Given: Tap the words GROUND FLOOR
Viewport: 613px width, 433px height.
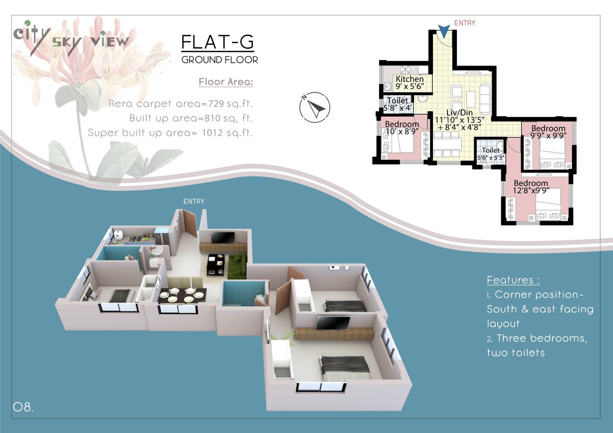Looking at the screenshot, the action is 220,60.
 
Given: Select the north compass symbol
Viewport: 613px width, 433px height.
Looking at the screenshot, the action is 315,107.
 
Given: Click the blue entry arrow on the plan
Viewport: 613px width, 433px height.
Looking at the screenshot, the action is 444,31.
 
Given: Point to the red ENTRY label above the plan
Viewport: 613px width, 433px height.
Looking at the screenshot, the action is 465,23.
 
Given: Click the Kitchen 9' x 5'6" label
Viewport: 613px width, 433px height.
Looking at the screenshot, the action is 410,83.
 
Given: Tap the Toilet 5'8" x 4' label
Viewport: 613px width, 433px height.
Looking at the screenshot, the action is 398,104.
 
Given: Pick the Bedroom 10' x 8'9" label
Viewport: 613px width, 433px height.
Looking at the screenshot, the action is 402,128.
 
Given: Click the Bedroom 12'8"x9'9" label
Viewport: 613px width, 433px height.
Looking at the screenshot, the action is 531,187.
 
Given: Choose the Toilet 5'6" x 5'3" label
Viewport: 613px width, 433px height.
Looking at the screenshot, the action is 491,154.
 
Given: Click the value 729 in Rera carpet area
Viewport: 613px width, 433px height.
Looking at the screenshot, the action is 216,104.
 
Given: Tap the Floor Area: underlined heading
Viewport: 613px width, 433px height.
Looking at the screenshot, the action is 226,82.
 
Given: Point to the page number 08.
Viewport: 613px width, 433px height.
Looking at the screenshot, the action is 23,407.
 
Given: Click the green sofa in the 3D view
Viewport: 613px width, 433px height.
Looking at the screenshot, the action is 238,265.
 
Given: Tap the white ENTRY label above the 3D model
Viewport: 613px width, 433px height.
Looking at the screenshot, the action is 194,201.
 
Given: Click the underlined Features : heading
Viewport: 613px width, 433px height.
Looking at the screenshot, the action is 513,280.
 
